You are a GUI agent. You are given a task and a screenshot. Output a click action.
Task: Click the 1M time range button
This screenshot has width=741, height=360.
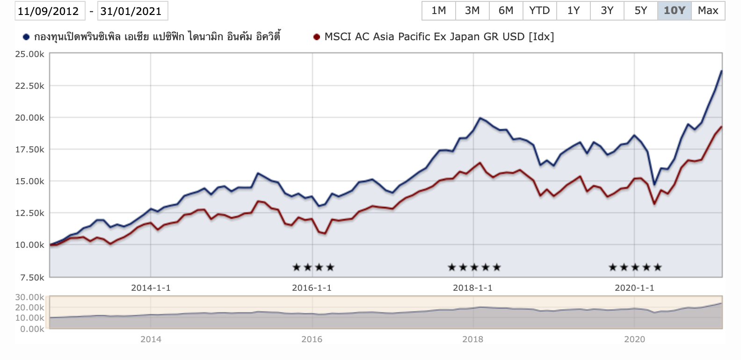pos(439,11)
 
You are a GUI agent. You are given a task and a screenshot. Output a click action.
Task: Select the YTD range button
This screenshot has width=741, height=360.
pos(539,11)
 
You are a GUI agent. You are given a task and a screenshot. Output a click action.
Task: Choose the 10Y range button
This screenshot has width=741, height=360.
pos(674,11)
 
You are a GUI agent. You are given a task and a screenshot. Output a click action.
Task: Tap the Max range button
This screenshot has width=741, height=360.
pos(708,11)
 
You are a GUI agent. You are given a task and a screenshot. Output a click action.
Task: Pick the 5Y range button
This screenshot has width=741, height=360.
pos(640,11)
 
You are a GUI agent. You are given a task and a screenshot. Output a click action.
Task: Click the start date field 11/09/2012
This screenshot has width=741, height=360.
pos(49,11)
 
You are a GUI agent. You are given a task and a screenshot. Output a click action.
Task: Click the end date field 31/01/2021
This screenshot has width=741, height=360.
pos(131,11)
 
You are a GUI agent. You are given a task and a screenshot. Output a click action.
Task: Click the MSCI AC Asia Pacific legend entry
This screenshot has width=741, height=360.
pos(439,36)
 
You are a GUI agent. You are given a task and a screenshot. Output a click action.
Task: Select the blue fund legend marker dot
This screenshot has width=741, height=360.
pos(26,37)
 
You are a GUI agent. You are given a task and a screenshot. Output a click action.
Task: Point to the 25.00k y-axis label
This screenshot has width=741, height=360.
pos(30,54)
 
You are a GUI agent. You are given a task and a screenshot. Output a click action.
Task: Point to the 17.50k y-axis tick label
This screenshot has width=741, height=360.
pos(30,150)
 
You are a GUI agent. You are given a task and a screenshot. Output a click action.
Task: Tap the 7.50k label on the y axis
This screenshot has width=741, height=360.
pos(32,277)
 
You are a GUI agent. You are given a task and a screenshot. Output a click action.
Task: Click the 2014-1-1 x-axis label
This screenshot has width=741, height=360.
pos(151,288)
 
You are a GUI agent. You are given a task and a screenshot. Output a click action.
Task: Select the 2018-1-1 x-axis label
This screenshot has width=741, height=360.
pos(472,288)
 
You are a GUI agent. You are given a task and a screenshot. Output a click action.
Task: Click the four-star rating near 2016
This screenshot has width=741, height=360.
pos(313,267)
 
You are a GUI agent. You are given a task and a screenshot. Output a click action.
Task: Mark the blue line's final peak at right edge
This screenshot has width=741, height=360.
pos(721,71)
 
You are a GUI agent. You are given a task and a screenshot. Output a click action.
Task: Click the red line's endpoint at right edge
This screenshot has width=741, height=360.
pos(721,127)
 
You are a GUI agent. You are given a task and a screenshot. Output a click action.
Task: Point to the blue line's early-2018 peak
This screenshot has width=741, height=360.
pos(480,118)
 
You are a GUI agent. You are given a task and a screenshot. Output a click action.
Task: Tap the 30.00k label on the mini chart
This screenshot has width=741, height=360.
pos(30,297)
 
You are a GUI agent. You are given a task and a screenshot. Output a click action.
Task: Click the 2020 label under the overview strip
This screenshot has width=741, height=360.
pos(634,339)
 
